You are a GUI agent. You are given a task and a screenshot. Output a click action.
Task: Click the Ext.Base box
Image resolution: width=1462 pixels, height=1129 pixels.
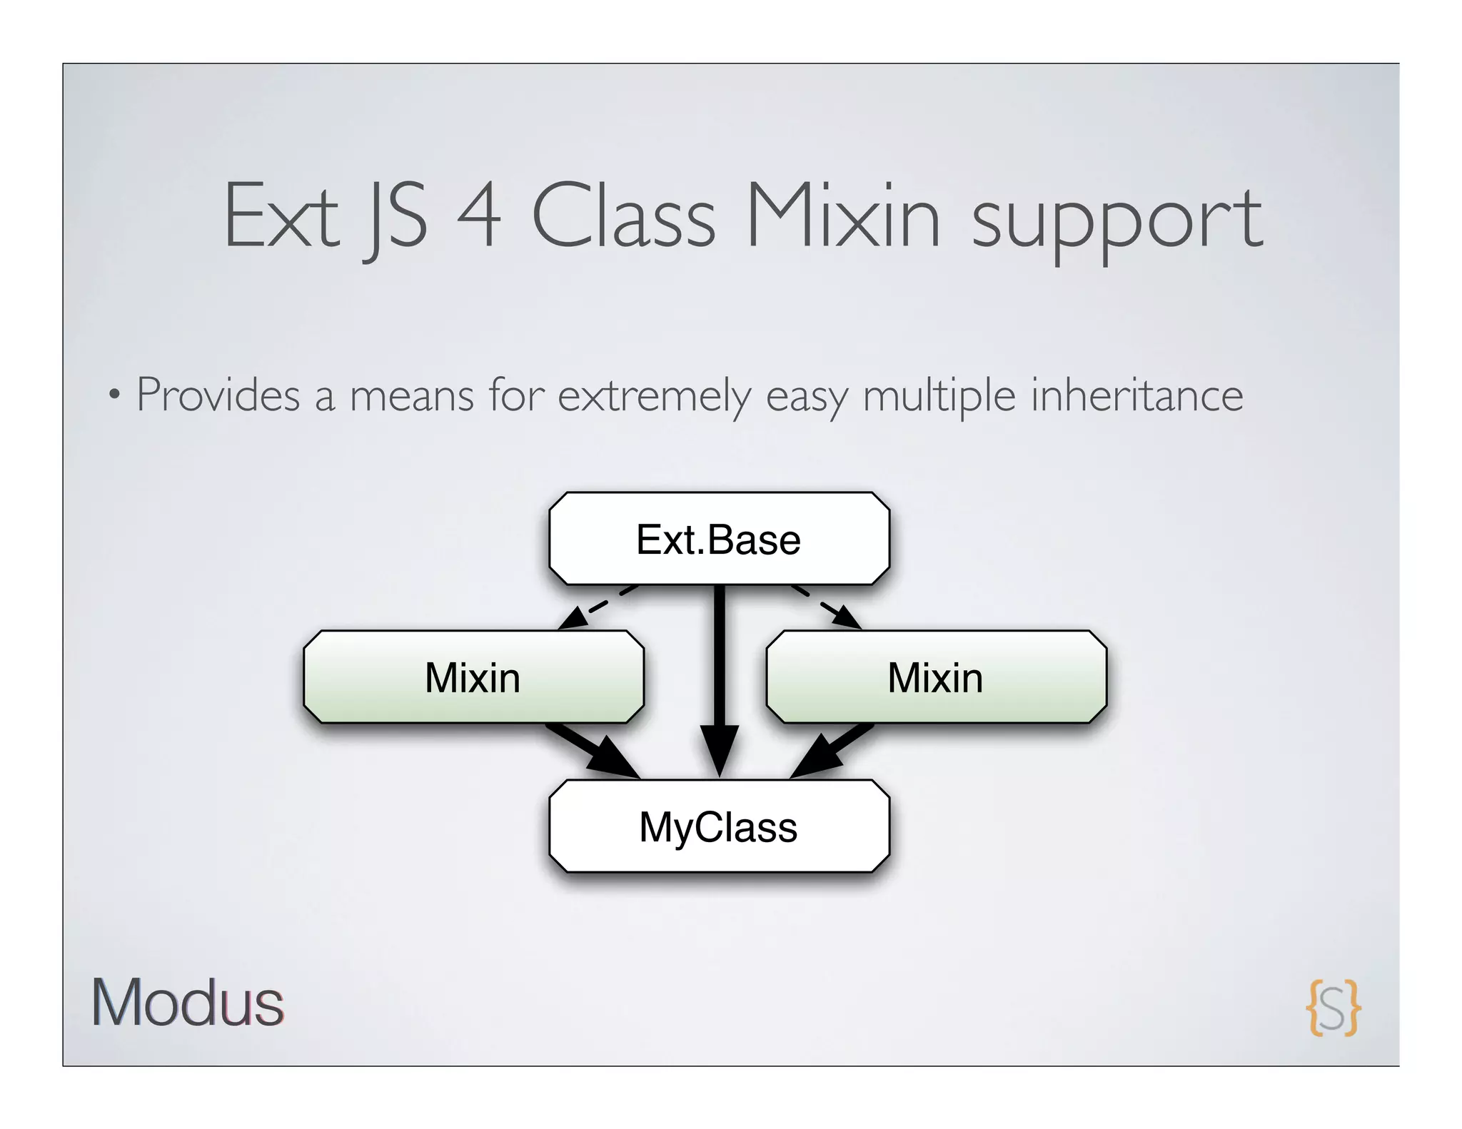click(x=719, y=539)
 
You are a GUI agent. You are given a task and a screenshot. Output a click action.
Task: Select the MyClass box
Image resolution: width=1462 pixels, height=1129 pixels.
click(x=719, y=826)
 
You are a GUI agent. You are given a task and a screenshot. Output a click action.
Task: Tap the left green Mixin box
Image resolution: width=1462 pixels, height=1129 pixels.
click(x=473, y=677)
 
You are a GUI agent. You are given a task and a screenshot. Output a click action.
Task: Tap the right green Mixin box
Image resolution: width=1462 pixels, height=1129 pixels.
click(x=936, y=677)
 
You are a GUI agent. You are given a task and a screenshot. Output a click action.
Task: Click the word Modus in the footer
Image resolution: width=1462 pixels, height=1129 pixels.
click(x=188, y=1003)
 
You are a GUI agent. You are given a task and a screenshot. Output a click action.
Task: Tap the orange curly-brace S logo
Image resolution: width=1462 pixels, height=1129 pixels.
click(x=1333, y=1007)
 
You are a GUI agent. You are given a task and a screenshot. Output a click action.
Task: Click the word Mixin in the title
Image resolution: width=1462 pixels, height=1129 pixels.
click(x=843, y=216)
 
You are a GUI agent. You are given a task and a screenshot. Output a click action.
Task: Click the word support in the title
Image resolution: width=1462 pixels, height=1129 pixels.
click(x=1117, y=221)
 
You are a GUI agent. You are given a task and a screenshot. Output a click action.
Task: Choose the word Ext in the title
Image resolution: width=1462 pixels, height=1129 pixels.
click(x=282, y=216)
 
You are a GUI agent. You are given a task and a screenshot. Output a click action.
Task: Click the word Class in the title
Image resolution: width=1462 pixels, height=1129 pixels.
click(x=623, y=216)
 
